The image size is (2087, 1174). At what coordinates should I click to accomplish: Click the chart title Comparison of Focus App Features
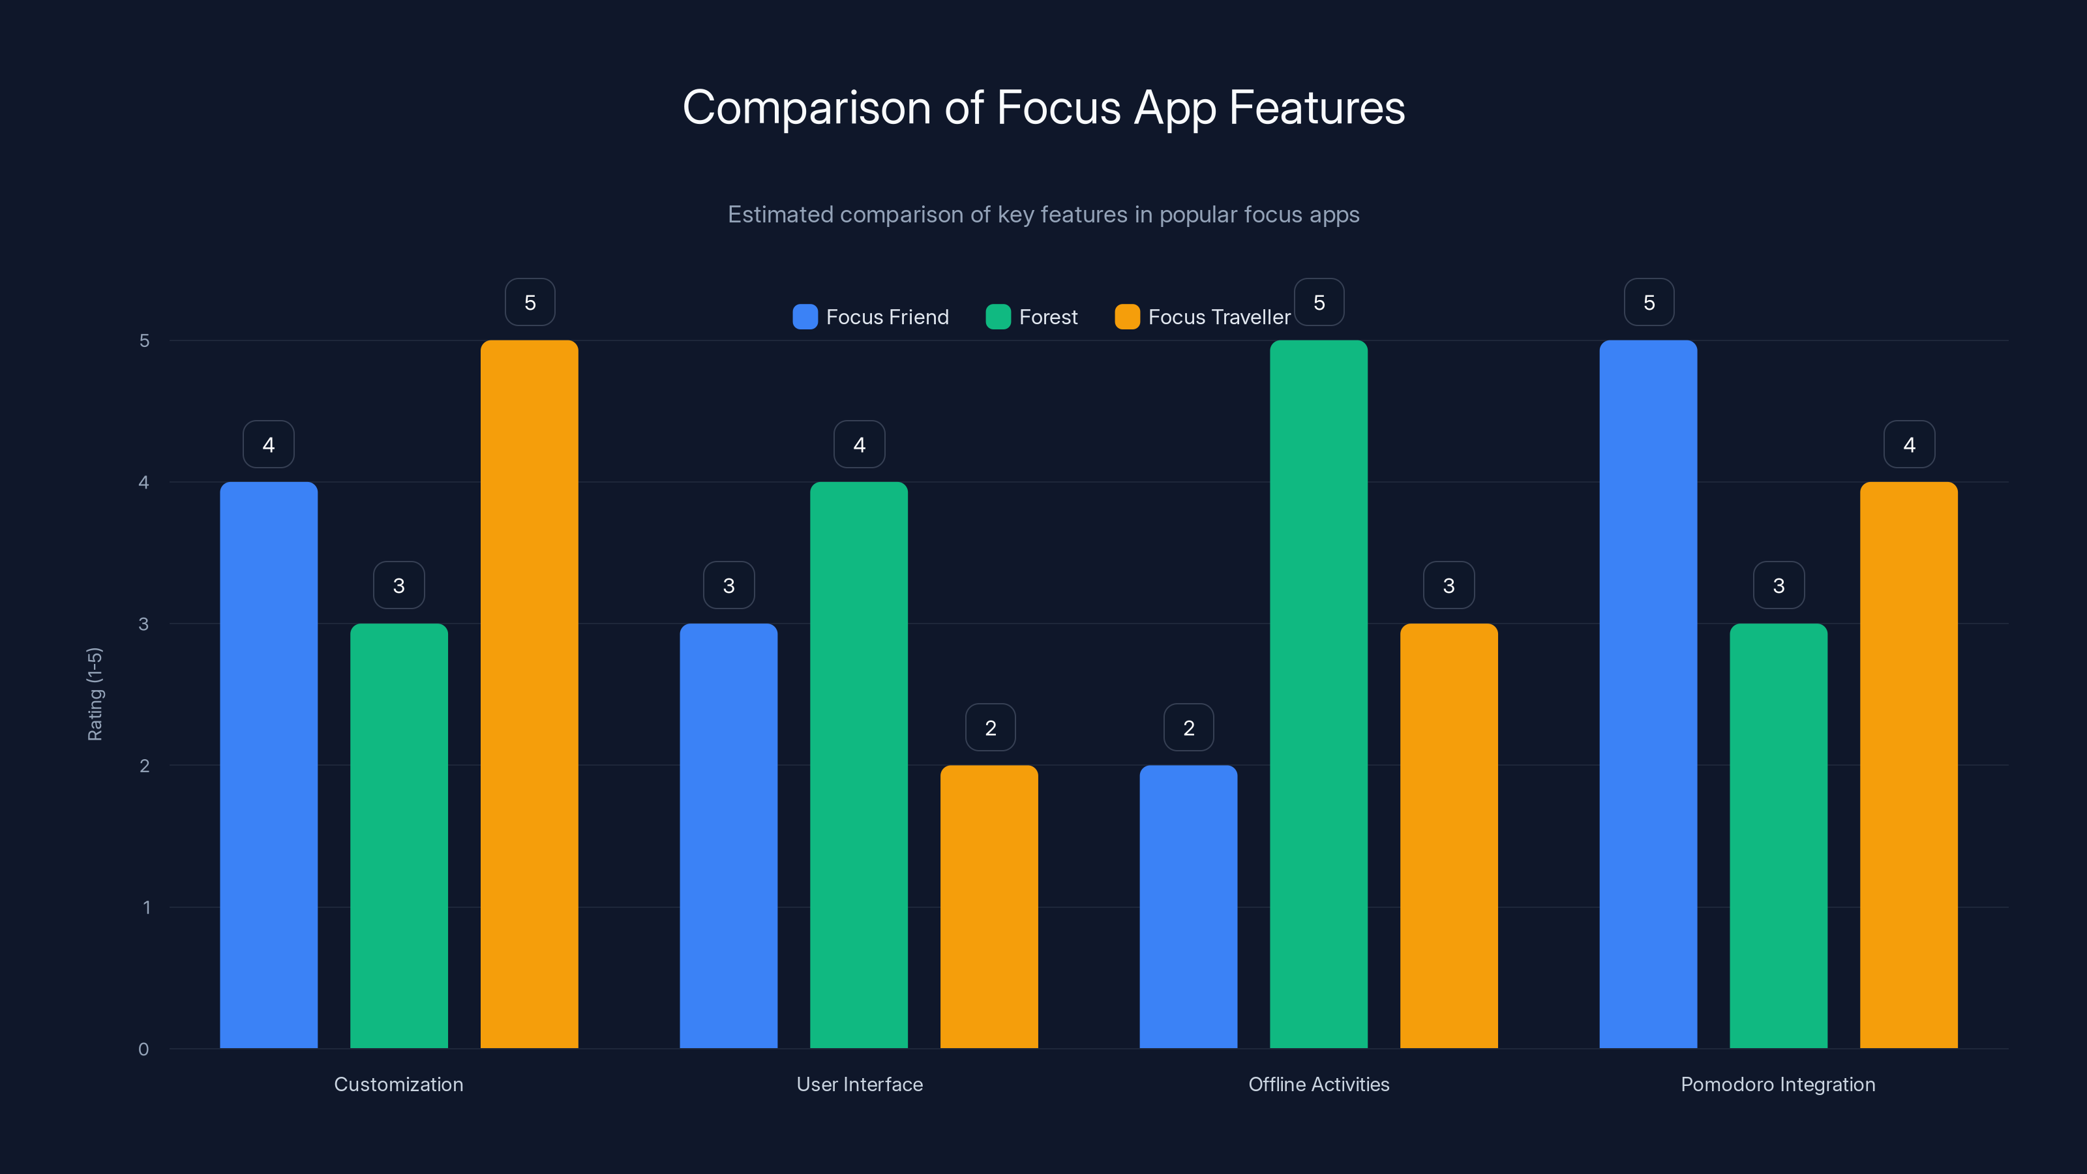pos(1043,108)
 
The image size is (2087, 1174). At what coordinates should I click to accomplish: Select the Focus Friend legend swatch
pos(805,317)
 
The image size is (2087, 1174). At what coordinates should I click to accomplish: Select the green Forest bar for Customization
pos(398,835)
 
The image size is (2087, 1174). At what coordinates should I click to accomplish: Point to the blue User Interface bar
pos(728,835)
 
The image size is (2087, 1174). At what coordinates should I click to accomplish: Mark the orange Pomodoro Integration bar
pos(1909,765)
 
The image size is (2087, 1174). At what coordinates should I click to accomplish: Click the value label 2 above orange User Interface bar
pos(990,728)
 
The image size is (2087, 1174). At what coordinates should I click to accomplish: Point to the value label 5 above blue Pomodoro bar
pos(1649,302)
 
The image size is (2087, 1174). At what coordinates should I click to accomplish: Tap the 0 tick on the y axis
pos(143,1049)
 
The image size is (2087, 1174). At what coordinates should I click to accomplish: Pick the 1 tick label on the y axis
pos(146,907)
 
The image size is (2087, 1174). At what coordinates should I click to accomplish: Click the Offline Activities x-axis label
pos(1318,1084)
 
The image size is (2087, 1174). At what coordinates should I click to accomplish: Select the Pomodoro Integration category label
pos(1777,1084)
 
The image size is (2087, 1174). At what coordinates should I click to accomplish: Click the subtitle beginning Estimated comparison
pos(1043,215)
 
